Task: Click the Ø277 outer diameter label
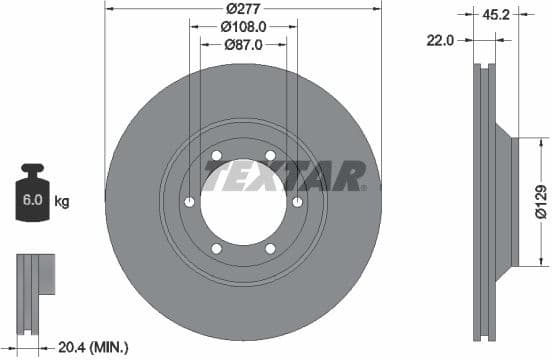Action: click(243, 10)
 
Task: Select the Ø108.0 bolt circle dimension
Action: click(243, 27)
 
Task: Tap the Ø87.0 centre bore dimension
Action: click(243, 45)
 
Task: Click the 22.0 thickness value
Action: click(441, 40)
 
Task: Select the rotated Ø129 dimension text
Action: click(539, 200)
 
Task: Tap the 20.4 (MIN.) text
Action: click(95, 347)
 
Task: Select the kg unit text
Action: click(61, 202)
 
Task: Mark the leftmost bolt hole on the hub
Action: click(189, 203)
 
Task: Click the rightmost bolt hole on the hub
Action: click(297, 203)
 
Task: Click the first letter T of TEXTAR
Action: click(214, 178)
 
